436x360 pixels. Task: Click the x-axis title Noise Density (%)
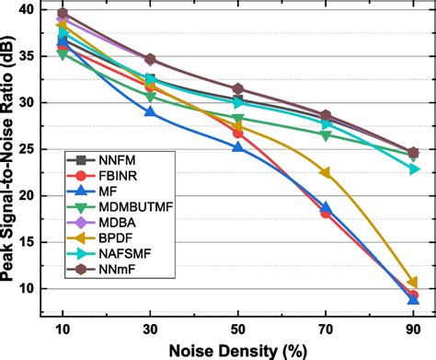[237, 349]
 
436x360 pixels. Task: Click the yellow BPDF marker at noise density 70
[326, 173]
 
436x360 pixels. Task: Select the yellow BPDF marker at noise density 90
[413, 283]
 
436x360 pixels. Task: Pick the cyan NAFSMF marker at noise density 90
[413, 168]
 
